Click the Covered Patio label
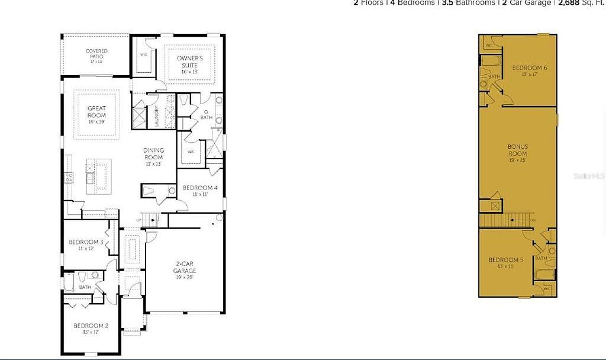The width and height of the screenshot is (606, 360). (x=96, y=56)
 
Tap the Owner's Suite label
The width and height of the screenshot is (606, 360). (x=190, y=61)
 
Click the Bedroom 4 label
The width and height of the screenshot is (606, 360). (x=200, y=191)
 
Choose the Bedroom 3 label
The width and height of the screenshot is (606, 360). (x=86, y=245)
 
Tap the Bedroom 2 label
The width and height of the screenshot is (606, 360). (x=91, y=328)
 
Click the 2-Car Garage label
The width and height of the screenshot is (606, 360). (x=185, y=267)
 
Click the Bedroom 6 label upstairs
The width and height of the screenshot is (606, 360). (x=529, y=70)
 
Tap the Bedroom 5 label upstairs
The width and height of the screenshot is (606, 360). (x=505, y=262)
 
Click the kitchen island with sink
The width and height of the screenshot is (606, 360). (x=99, y=176)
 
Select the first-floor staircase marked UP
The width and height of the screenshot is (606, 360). (x=151, y=220)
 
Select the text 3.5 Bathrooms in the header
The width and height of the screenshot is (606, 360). (x=468, y=3)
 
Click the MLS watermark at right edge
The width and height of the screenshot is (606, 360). (x=594, y=176)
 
